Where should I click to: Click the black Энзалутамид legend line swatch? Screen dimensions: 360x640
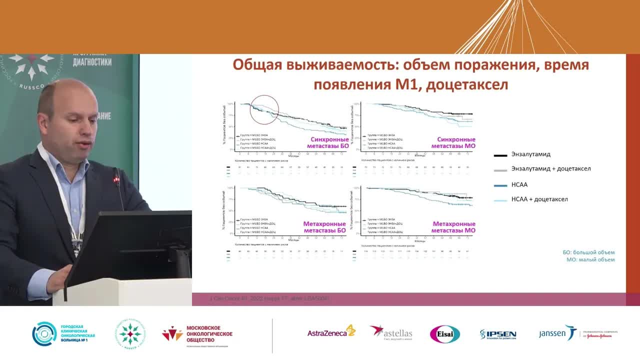[500, 155]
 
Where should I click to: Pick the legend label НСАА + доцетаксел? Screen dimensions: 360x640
[539, 199]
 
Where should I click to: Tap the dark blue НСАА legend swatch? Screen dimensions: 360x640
[500, 185]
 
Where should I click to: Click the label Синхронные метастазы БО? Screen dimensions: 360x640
[329, 142]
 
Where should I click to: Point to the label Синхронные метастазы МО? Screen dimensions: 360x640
[456, 142]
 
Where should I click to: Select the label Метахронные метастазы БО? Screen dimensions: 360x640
[324, 227]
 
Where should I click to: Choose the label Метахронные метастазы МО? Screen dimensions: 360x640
[453, 227]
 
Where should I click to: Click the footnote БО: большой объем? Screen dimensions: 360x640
[588, 252]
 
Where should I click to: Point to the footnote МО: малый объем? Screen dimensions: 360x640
[590, 260]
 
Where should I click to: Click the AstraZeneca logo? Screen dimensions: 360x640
[331, 332]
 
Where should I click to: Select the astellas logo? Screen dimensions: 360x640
[391, 332]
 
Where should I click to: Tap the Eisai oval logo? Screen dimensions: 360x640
[444, 334]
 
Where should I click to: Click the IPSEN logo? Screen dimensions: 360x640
[498, 334]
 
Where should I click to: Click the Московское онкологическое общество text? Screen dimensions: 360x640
[209, 333]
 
